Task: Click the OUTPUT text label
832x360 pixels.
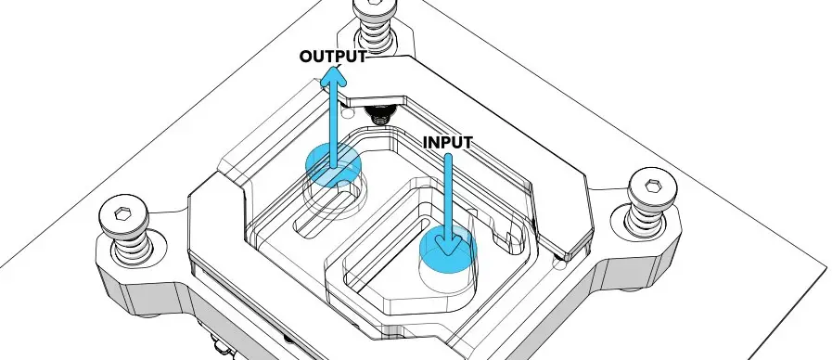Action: pos(332,57)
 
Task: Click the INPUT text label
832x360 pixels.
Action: pos(448,143)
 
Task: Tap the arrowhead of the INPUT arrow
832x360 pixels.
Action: pos(449,246)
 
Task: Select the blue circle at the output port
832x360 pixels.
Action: pos(332,163)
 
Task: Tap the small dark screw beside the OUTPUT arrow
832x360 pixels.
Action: pos(378,115)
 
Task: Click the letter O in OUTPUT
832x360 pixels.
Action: pos(307,57)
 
